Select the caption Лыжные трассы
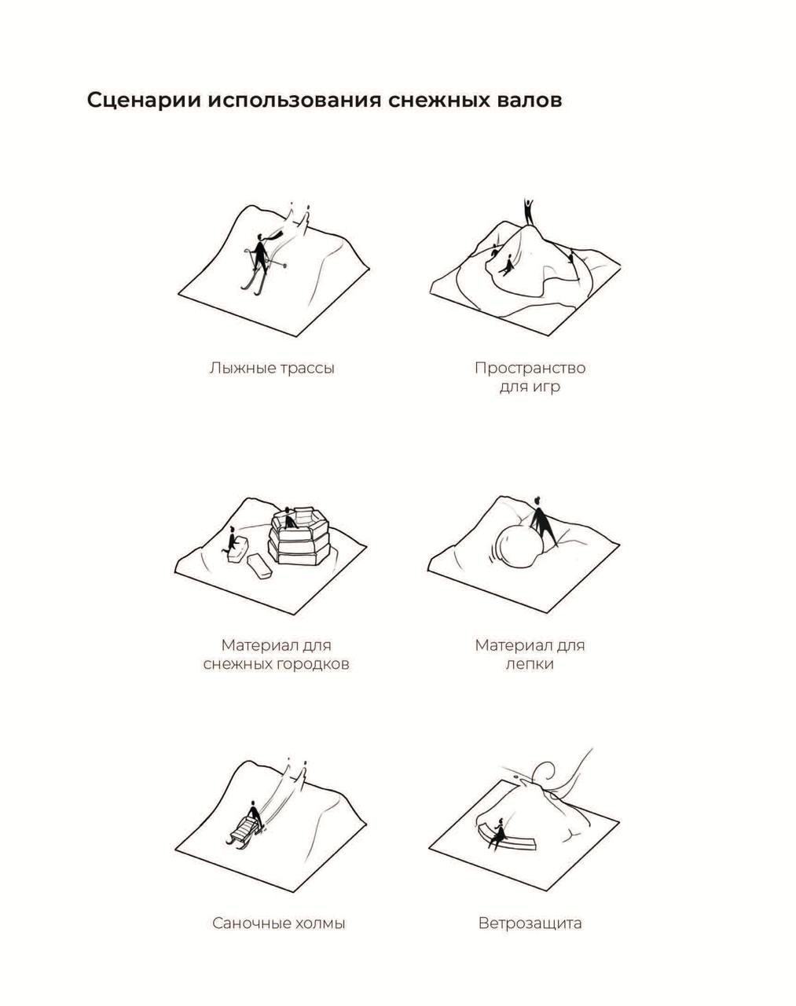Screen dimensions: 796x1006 click(272, 368)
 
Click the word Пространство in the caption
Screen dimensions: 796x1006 click(530, 368)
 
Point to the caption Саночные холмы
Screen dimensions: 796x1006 click(279, 923)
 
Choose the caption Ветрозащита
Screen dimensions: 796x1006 click(530, 923)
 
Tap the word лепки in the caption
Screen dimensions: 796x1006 click(530, 664)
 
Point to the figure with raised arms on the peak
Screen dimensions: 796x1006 click(529, 213)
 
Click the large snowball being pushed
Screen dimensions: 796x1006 click(519, 545)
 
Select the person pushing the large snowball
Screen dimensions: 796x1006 click(542, 521)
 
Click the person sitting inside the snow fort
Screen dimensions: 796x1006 click(290, 518)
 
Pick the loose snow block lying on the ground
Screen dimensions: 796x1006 click(259, 567)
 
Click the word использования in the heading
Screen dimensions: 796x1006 click(295, 101)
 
